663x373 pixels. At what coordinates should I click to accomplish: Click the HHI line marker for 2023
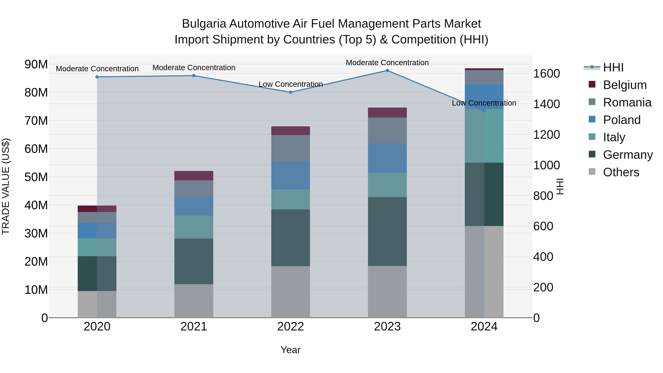click(387, 71)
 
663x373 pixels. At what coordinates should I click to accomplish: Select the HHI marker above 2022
click(291, 92)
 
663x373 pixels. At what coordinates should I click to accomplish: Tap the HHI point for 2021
click(194, 76)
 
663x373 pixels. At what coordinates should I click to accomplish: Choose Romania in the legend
click(627, 102)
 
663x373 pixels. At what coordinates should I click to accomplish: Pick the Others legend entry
click(621, 172)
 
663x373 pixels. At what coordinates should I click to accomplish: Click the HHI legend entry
click(613, 67)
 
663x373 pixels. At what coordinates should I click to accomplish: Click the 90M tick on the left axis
click(36, 64)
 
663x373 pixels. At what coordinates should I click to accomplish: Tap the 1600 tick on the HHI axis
click(546, 74)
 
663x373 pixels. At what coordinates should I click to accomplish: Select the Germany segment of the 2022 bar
click(291, 238)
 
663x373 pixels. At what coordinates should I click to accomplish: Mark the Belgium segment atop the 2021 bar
click(194, 176)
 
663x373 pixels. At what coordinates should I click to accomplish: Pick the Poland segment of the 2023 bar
click(387, 158)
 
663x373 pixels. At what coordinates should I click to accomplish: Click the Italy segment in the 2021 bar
click(194, 227)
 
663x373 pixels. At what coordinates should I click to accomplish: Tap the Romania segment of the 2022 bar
click(291, 148)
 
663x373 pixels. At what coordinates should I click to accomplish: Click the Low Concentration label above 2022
click(291, 84)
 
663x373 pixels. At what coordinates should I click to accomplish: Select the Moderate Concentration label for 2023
click(387, 63)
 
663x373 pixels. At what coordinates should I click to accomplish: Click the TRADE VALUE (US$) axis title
click(6, 186)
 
